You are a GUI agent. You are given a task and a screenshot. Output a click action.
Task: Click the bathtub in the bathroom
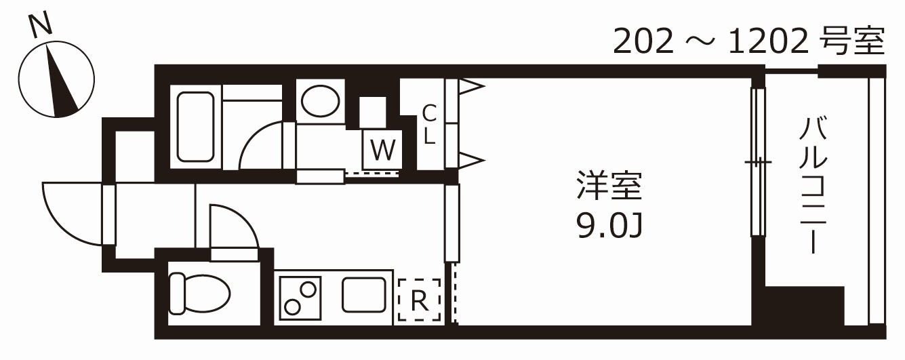click(x=195, y=127)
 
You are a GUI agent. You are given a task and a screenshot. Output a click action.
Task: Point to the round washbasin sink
click(x=320, y=102)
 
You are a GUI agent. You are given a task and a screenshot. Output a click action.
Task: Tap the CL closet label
click(x=429, y=125)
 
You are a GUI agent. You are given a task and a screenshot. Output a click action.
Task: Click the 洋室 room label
click(x=608, y=186)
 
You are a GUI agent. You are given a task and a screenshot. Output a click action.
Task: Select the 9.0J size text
click(x=608, y=226)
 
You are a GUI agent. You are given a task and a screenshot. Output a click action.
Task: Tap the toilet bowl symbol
click(x=199, y=293)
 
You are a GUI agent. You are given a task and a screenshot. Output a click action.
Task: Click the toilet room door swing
click(x=234, y=227)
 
